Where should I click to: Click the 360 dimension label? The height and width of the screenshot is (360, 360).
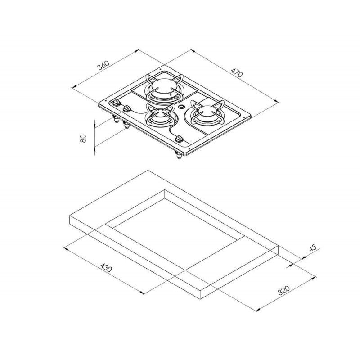[103, 65]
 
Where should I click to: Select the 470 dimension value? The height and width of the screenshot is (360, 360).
[237, 72]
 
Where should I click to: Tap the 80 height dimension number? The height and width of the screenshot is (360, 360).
[83, 138]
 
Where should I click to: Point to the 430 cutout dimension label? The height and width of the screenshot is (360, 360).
[106, 268]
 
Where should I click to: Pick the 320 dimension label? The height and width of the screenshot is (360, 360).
[284, 290]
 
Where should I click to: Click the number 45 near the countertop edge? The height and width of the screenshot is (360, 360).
[312, 248]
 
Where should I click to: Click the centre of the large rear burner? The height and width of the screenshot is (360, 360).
[163, 87]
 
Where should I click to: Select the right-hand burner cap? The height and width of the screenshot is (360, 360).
[207, 110]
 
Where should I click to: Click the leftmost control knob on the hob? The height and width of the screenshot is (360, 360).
[117, 103]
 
